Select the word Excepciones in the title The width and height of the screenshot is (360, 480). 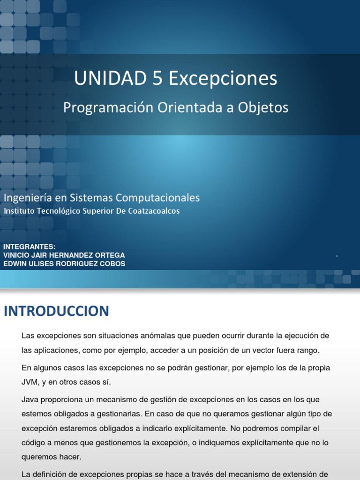point(223,79)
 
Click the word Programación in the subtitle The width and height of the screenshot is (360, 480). point(102,108)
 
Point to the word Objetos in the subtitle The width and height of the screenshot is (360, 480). point(263,108)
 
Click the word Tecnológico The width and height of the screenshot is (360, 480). point(56,211)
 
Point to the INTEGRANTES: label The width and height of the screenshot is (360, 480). point(29,247)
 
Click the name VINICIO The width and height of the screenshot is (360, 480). point(16,255)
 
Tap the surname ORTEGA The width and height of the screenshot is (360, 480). point(110,255)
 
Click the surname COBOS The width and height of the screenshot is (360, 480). point(111,264)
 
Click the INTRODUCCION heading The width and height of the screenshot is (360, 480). point(56,311)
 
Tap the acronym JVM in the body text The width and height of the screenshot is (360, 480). point(30,382)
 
